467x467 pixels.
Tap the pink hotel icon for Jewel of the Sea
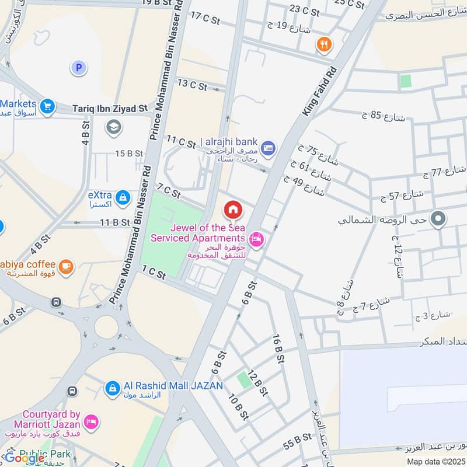255,239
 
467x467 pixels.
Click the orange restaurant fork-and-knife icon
323,43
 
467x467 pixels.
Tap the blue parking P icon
78,68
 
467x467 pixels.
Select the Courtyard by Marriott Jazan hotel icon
91,421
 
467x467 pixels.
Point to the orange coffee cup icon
66,266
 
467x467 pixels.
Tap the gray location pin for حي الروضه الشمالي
438,219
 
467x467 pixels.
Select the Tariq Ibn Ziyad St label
110,109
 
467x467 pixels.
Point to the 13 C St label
192,85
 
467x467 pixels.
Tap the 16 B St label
278,348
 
